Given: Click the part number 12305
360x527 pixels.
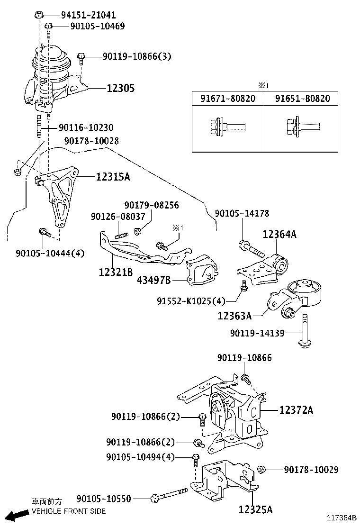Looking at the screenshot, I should [120, 88].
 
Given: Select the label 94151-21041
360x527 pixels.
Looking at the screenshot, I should [88, 15].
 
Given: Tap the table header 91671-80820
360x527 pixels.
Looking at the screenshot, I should [228, 99].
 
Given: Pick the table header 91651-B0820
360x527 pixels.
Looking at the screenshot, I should [301, 99].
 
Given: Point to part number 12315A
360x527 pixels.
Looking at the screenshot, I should [113, 177].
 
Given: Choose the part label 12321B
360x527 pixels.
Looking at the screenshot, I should [116, 273].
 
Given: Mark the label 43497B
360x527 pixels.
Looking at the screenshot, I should [153, 280].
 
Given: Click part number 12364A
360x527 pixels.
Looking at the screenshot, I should [279, 234].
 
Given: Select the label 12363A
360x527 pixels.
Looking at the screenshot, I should [234, 315].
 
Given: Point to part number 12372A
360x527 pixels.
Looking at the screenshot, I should [296, 410].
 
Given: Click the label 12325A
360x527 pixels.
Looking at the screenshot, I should [255, 509].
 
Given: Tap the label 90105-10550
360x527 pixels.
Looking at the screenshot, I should [104, 499].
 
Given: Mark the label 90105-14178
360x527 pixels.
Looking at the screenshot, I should [242, 214].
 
